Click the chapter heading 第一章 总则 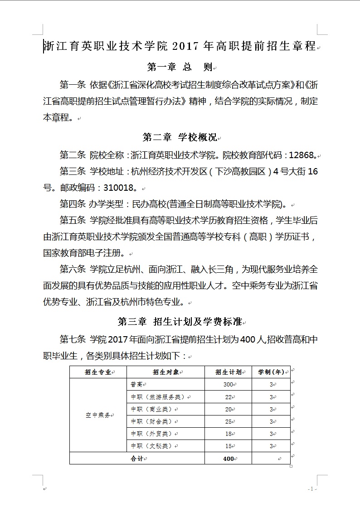pos(180,68)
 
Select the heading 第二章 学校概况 pos(180,137)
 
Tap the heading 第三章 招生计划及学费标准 pos(180,322)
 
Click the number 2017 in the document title pos(186,46)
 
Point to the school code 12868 pos(301,155)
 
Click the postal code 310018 pos(120,187)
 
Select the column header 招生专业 pos(97,372)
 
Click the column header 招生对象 pos(165,372)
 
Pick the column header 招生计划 pos(228,372)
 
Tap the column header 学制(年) pos(271,372)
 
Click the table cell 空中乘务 pos(97,415)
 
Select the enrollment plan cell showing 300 pos(228,385)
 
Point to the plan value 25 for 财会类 pos(228,422)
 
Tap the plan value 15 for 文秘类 pos(228,446)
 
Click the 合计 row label pos(136,459)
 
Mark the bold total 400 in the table pos(229,459)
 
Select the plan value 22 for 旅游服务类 pos(228,397)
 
